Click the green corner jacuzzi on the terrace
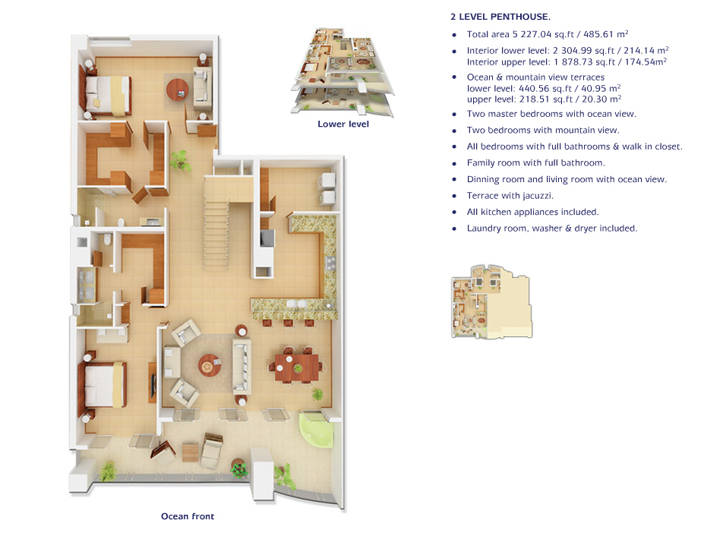click(314, 430)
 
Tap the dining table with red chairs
click(296, 367)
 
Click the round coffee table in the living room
click(209, 365)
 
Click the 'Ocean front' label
click(188, 516)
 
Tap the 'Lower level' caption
click(343, 124)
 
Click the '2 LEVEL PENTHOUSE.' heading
click(500, 17)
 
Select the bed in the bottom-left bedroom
click(103, 385)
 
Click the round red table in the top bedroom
click(178, 90)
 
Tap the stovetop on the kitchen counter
click(330, 263)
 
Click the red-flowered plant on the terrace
click(239, 469)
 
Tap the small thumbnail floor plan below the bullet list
click(491, 301)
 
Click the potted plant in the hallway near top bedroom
click(181, 159)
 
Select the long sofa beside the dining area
click(242, 366)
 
